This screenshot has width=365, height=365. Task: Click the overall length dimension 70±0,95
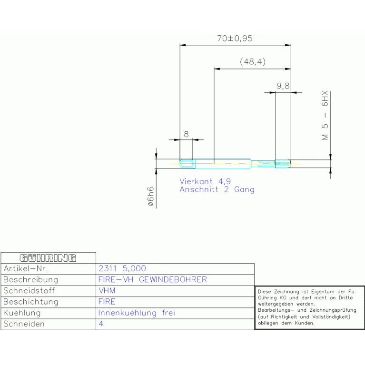tap(235, 39)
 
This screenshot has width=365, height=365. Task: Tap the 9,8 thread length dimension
tap(283, 86)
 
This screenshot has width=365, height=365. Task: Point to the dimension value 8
tap(186, 134)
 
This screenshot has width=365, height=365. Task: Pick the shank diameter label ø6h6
tap(150, 197)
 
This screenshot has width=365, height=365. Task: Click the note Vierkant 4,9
tap(205, 181)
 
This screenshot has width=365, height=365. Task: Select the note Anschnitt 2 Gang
tap(217, 189)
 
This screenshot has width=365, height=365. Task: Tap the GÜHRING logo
tap(48, 258)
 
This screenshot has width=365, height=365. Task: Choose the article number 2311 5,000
tap(122, 269)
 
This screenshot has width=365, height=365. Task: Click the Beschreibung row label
tap(30, 280)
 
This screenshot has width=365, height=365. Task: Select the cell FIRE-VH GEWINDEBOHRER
tap(152, 280)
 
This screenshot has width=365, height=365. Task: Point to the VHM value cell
tap(107, 290)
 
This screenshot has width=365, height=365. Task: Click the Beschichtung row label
tap(30, 302)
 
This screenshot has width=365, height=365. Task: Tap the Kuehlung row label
tap(22, 313)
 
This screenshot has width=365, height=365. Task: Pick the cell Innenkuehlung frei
tap(137, 313)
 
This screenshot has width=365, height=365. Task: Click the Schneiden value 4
tap(101, 324)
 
